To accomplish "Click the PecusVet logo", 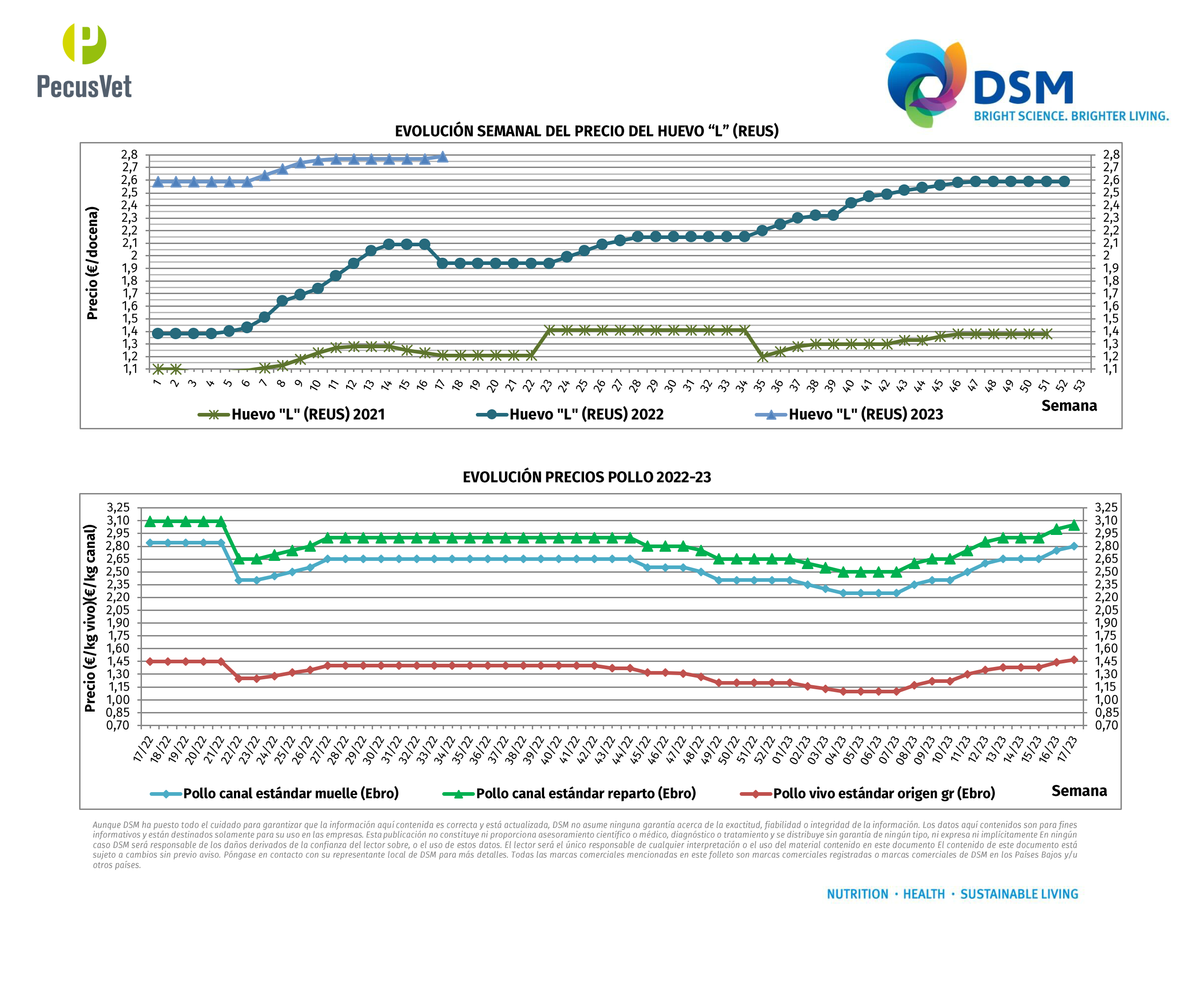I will point(84,61).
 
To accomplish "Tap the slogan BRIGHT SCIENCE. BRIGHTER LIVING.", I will point(1071,117).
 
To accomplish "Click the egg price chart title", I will point(586,131).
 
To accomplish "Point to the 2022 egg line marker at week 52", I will point(1064,181).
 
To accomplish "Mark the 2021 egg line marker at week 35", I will point(762,357).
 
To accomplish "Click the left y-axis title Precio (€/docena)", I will point(92,263).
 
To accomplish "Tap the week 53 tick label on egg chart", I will point(1080,386).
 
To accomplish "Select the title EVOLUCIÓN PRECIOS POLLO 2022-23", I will point(586,477).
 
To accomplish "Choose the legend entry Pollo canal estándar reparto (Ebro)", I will point(585,794).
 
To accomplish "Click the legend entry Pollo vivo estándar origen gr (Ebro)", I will point(883,794).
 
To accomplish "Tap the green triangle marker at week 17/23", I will point(1073,525).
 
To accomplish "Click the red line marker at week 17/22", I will point(150,661).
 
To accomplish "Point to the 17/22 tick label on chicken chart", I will point(144,749).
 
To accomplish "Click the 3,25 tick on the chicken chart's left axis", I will point(118,508).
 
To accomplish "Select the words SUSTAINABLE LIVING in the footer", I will point(1019,894).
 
